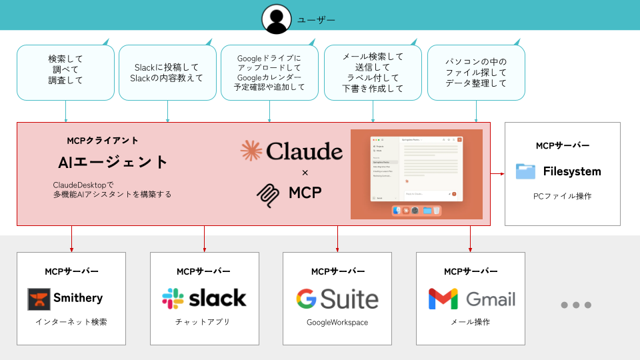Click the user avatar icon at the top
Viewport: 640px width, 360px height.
point(277,19)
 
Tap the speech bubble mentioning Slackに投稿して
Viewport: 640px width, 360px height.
point(167,73)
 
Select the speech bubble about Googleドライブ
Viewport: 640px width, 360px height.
point(269,73)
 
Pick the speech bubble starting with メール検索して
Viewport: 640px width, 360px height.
point(373,73)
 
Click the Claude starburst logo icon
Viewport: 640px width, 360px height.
point(251,151)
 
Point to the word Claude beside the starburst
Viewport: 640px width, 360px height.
point(304,152)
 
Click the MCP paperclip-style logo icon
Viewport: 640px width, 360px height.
point(268,193)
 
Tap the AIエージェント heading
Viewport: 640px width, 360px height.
point(113,162)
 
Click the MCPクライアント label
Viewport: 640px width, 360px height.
point(103,141)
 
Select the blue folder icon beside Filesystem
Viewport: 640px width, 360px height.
point(525,171)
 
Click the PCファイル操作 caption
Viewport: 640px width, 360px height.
point(562,196)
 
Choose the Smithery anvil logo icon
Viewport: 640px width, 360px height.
point(39,299)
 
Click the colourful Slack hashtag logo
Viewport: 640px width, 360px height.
point(173,299)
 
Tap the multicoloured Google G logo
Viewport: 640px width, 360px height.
point(306,299)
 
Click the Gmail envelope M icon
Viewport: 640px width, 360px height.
point(443,299)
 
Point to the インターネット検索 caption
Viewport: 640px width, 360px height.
point(71,322)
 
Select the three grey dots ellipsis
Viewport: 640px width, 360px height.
point(576,305)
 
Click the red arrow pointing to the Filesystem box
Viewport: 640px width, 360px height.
point(497,174)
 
